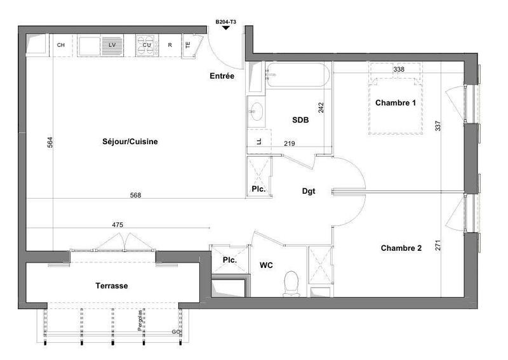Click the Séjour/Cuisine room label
pos(130,142)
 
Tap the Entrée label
pos(222,76)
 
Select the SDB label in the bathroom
pos(300,119)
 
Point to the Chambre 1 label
pos(396,103)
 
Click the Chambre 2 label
pos(401,248)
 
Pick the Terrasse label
pos(112,286)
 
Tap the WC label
pos(266,265)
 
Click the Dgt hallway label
pos(309,191)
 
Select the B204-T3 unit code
pos(225,22)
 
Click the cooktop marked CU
pos(146,45)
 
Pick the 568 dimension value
pos(135,195)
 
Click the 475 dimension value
pos(117,224)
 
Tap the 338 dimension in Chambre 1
pos(399,69)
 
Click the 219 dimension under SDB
pos(290,143)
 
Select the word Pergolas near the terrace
pos(139,323)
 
